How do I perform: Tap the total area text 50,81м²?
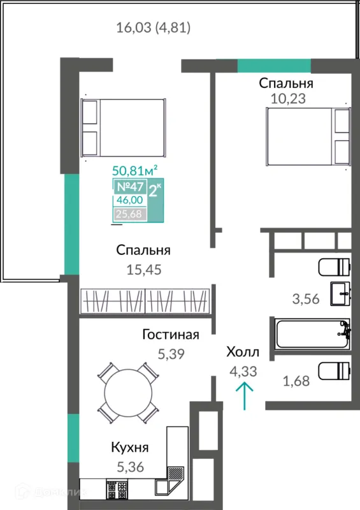(135, 170)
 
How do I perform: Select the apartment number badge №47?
(130, 187)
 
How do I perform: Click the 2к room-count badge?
(155, 191)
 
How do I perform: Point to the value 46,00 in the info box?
(130, 200)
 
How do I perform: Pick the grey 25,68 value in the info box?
(129, 214)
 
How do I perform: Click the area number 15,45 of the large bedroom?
(144, 270)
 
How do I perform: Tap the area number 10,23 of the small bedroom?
(288, 99)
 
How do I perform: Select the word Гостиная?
(171, 335)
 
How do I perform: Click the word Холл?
(243, 352)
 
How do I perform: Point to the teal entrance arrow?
(244, 396)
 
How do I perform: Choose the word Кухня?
(130, 448)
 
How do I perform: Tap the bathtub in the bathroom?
(312, 334)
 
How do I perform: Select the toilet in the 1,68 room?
(335, 372)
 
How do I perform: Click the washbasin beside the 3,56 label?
(340, 294)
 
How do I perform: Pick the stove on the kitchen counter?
(117, 490)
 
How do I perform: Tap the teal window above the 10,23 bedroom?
(274, 66)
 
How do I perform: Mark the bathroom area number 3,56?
(306, 299)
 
